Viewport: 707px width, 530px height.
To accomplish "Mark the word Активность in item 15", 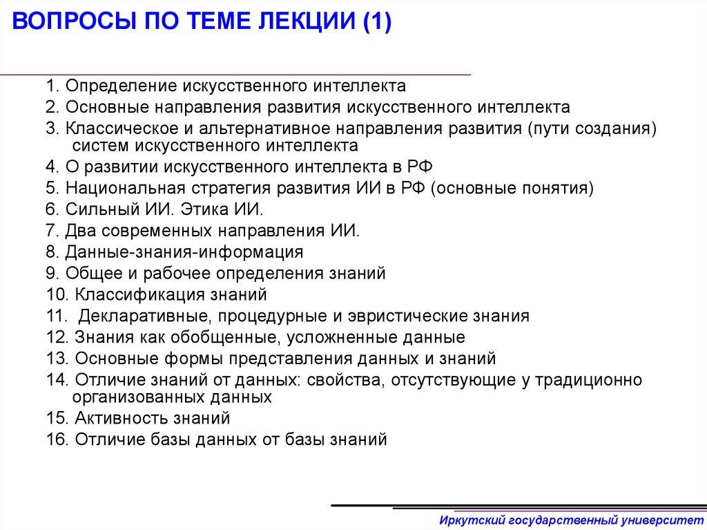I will coord(110,418).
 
